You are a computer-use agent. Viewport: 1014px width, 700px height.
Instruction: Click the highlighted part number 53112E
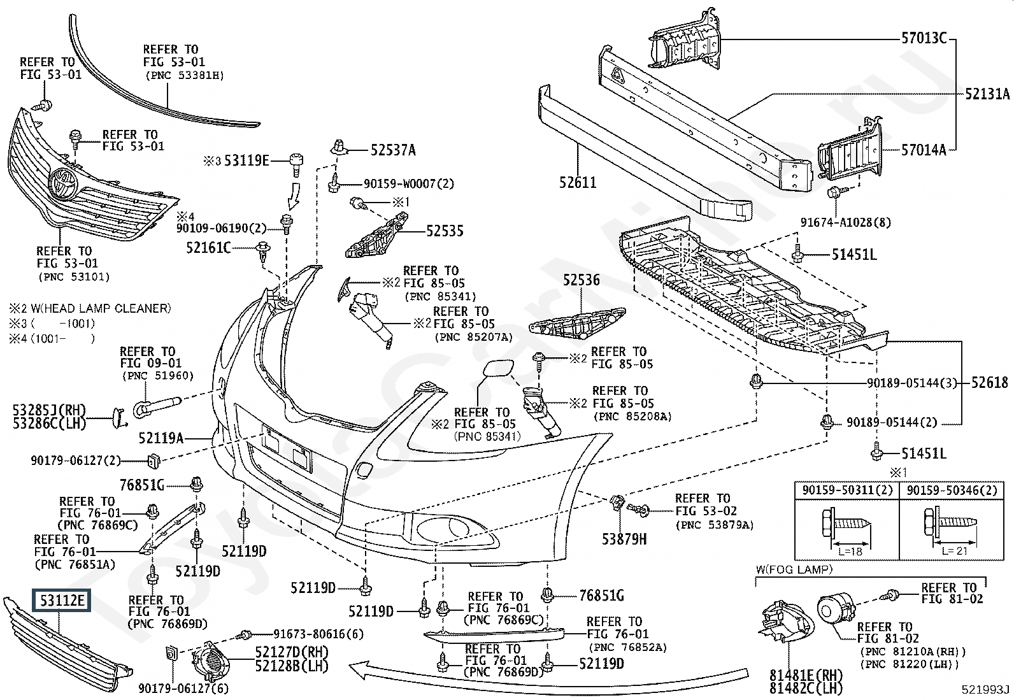[62, 601]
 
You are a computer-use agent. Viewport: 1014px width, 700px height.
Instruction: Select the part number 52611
[578, 183]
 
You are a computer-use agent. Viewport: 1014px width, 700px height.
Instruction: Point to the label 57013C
[924, 38]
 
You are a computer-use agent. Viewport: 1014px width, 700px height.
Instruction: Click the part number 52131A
[987, 94]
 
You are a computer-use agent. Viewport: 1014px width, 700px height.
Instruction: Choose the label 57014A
[924, 151]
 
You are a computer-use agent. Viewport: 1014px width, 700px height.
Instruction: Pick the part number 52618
[990, 383]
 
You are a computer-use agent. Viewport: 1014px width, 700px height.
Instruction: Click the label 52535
[445, 231]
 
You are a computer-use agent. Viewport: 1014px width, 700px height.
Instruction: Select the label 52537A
[393, 150]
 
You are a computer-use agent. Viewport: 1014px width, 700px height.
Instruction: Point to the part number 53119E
[246, 160]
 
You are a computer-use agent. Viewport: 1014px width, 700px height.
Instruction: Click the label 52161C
[208, 247]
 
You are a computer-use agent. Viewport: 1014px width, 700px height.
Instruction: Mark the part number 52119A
[161, 438]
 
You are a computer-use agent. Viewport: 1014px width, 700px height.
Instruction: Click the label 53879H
[624, 539]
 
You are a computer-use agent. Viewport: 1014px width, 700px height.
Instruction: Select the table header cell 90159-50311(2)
[846, 490]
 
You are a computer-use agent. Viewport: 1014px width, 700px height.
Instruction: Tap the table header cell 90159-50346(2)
[952, 490]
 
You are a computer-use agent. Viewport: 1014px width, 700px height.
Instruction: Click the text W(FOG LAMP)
[794, 569]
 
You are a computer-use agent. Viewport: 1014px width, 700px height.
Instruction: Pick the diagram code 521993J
[985, 689]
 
